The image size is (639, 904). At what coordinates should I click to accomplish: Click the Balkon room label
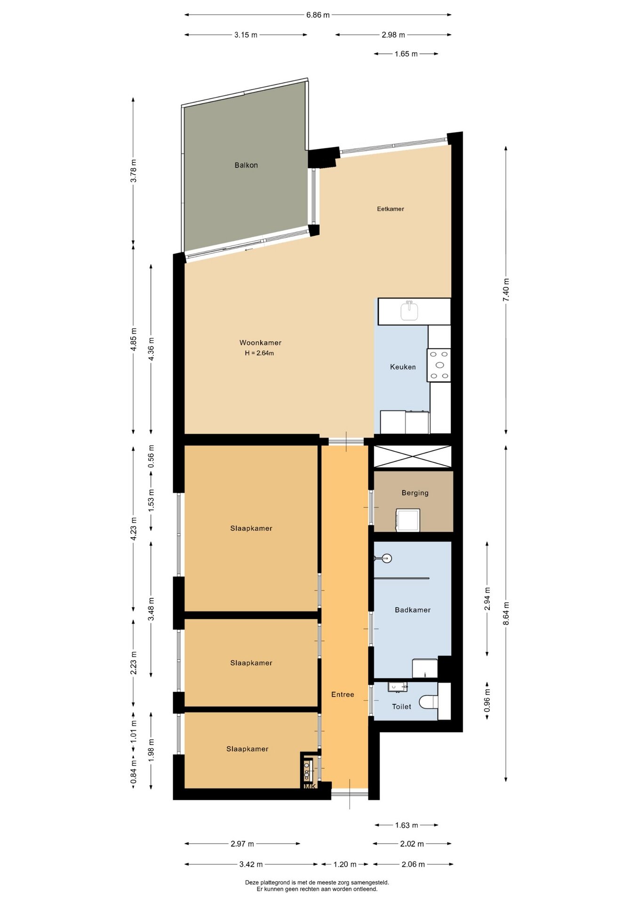pos(246,165)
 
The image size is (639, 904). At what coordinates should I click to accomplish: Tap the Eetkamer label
pos(391,209)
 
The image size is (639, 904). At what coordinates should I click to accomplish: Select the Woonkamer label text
pos(260,343)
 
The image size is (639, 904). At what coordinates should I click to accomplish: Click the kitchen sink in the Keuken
pos(409,311)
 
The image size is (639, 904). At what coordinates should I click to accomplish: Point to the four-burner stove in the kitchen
pos(439,365)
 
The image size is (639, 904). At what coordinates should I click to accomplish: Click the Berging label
pos(415,493)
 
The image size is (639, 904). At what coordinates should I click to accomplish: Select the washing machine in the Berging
pos(408,520)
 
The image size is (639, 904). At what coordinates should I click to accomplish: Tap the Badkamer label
pos(413,610)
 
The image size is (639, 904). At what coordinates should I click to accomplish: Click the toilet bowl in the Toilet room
pos(428,702)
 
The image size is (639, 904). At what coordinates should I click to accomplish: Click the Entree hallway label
pos(343,694)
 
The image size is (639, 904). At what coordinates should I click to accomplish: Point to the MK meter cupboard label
pos(310,786)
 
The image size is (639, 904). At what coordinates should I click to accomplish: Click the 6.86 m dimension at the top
pos(318,15)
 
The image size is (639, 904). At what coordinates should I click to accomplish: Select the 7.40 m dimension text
pos(506,290)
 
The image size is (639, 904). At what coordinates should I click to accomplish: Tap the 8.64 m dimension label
pos(506,613)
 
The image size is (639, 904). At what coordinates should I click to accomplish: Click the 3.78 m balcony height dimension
pos(133,171)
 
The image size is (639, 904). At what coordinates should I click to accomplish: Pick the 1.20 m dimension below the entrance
pos(345,864)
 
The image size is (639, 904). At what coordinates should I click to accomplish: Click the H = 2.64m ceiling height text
pos(259,353)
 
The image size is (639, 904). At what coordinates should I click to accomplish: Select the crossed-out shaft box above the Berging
pos(412,457)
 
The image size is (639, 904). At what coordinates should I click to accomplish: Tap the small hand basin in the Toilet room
pos(398,687)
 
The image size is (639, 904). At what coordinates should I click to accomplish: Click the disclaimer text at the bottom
pos(317,886)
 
